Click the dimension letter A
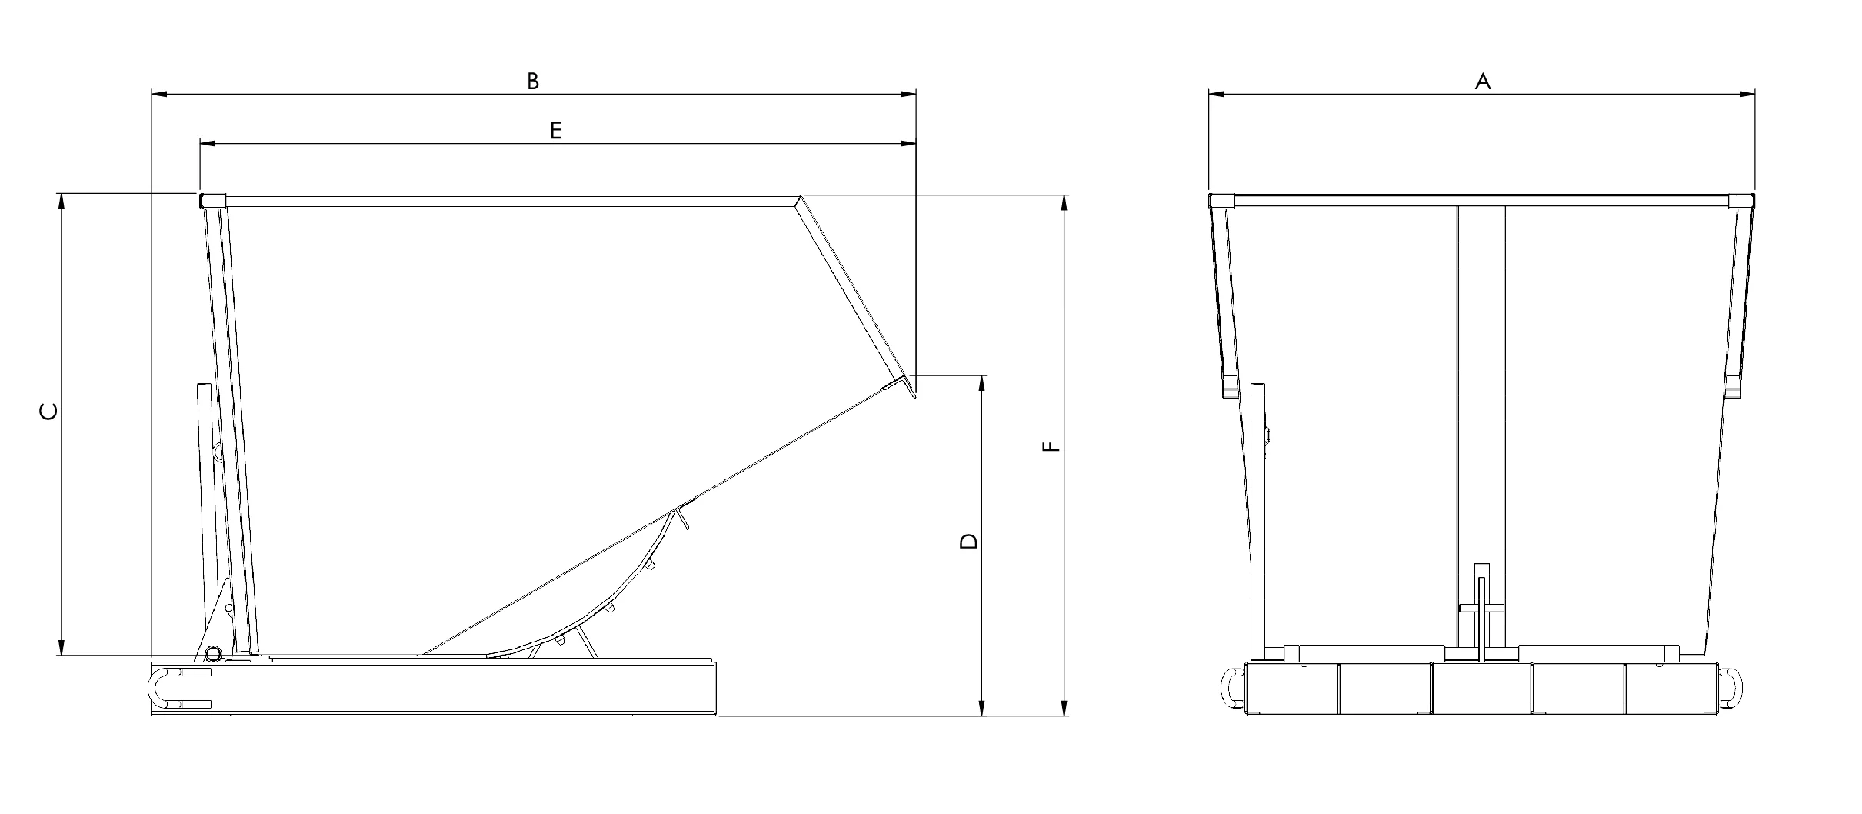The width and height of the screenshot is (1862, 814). (x=1482, y=81)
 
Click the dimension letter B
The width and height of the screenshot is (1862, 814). (x=532, y=81)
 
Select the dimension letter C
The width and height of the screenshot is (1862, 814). (x=48, y=412)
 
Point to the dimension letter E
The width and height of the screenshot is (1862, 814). (x=555, y=130)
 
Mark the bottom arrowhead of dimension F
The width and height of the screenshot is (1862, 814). (x=1064, y=709)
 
